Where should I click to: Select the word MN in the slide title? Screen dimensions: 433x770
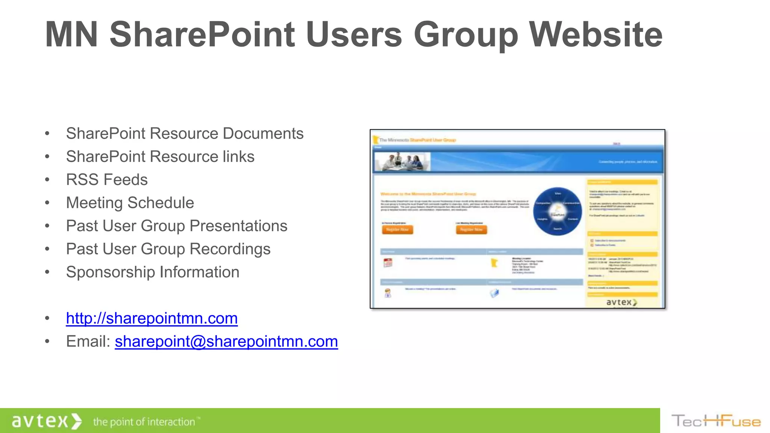click(71, 35)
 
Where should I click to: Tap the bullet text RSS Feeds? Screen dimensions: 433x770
click(107, 180)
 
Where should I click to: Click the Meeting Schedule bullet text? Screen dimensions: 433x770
click(130, 203)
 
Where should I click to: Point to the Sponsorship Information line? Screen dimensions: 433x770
click(153, 272)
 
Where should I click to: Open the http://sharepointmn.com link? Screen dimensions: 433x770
click(152, 318)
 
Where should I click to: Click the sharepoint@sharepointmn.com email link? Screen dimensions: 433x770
click(226, 341)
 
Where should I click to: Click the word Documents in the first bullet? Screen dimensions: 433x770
click(263, 133)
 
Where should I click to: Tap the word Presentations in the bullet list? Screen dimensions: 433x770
click(238, 226)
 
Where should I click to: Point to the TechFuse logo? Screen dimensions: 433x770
click(716, 421)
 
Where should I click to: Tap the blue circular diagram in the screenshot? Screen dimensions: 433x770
click(557, 211)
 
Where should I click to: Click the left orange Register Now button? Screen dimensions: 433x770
click(397, 229)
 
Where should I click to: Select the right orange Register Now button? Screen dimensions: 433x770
click(471, 229)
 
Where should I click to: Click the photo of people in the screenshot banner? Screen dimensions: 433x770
click(402, 162)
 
